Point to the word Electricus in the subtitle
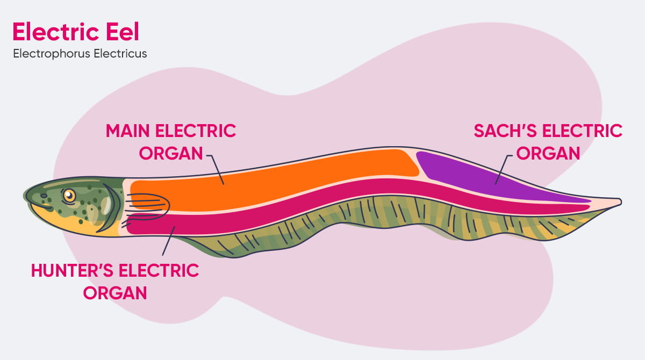point(121,54)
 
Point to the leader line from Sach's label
point(503,169)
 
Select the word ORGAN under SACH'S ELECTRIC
point(548,153)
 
